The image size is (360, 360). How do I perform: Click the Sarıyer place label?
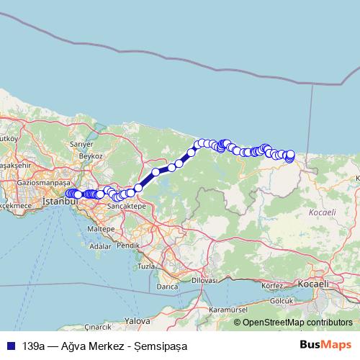[77, 144]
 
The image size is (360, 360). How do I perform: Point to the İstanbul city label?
[55, 202]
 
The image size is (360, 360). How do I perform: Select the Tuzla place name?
[147, 266]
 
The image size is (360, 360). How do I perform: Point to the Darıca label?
[167, 286]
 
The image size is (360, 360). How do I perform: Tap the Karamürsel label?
[218, 309]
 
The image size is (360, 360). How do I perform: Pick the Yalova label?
[136, 320]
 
